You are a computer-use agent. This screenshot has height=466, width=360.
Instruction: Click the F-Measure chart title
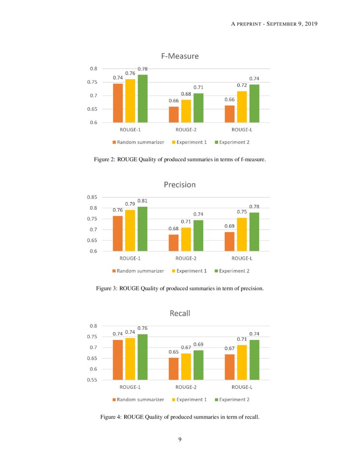180,56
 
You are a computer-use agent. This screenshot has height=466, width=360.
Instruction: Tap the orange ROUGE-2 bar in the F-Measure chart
174,114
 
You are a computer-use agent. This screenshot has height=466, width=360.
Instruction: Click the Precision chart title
180,185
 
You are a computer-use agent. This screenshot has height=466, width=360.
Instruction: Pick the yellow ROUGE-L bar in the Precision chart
241,234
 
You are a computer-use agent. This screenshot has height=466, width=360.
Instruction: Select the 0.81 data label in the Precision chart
142,201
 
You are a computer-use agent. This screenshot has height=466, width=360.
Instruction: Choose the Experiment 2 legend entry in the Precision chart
231,271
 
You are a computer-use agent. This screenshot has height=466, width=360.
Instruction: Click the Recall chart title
180,313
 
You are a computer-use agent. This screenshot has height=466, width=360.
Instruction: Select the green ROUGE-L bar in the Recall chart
254,360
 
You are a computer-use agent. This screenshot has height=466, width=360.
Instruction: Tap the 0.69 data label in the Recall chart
199,344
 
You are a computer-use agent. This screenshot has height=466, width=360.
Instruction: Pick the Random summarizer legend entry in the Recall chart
138,399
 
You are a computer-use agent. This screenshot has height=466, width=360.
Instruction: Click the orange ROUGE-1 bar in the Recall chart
118,360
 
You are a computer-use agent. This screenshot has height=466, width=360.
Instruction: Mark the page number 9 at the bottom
180,439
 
